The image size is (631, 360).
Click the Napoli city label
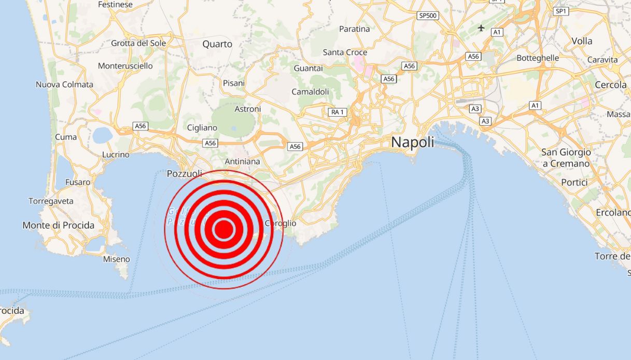(413, 142)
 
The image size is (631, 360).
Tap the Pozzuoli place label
(185, 173)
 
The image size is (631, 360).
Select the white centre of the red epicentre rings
(224, 229)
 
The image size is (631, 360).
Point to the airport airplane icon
(481, 27)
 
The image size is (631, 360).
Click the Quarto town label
(217, 44)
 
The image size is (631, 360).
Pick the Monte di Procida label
(59, 225)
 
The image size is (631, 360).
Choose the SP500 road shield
(428, 16)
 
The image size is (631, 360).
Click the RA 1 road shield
(337, 112)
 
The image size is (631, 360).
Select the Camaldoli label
(310, 92)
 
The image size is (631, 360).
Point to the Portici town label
(574, 183)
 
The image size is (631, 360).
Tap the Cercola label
(610, 85)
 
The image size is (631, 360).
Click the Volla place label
(582, 41)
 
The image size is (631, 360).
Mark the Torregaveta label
(51, 201)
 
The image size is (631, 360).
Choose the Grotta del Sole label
(138, 43)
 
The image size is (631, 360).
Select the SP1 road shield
(561, 11)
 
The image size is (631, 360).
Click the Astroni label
(248, 109)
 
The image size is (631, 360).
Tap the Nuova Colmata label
(64, 85)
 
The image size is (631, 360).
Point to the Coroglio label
(281, 224)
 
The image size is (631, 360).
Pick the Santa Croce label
(345, 52)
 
